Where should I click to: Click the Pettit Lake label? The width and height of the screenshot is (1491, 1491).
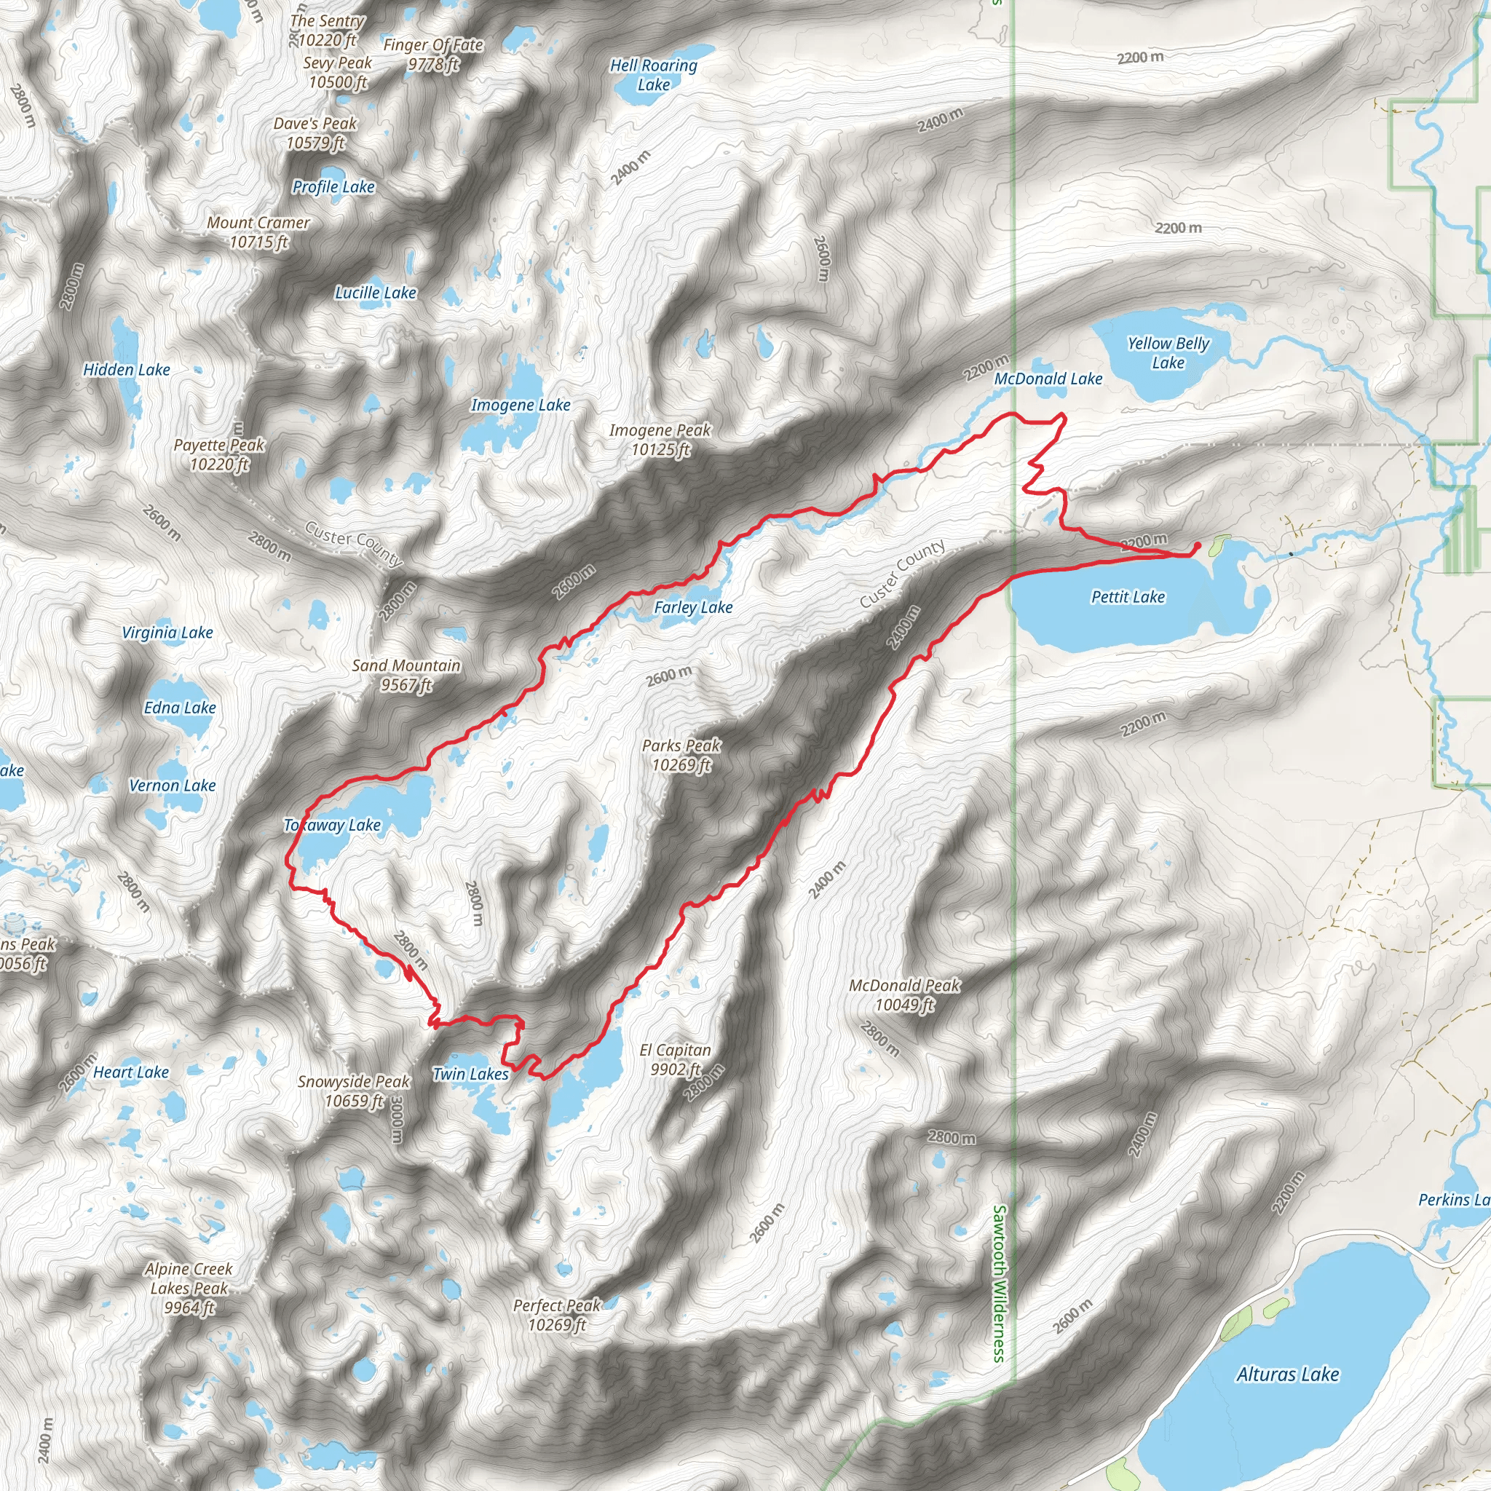[x=1128, y=596]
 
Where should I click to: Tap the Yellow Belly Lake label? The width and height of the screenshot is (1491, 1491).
[x=1168, y=352]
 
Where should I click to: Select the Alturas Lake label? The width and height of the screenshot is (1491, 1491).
[x=1287, y=1375]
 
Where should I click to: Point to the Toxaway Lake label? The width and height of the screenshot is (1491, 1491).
[x=332, y=825]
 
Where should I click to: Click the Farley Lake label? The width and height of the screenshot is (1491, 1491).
[x=693, y=607]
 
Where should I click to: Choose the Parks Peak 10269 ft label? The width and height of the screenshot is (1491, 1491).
[x=681, y=755]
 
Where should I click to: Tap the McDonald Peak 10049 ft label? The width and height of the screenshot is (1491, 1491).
[x=904, y=994]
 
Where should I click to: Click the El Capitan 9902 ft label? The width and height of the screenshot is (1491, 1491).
[x=676, y=1059]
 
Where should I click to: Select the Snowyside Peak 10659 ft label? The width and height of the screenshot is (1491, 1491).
[x=355, y=1091]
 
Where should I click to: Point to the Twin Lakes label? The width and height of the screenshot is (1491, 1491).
[x=471, y=1075]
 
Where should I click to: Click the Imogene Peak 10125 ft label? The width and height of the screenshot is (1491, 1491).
[x=660, y=440]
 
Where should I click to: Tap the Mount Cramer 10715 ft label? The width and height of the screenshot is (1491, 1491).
[x=258, y=232]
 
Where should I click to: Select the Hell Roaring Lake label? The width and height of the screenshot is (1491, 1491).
[x=654, y=75]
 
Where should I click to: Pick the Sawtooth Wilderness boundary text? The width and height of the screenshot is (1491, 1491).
[x=1000, y=1284]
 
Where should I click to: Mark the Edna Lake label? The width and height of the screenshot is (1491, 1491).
[x=180, y=708]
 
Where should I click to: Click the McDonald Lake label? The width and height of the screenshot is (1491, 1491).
[x=1048, y=379]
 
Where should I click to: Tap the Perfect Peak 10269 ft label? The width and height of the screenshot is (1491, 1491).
[x=556, y=1315]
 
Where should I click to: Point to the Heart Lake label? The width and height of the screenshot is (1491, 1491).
[x=130, y=1072]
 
